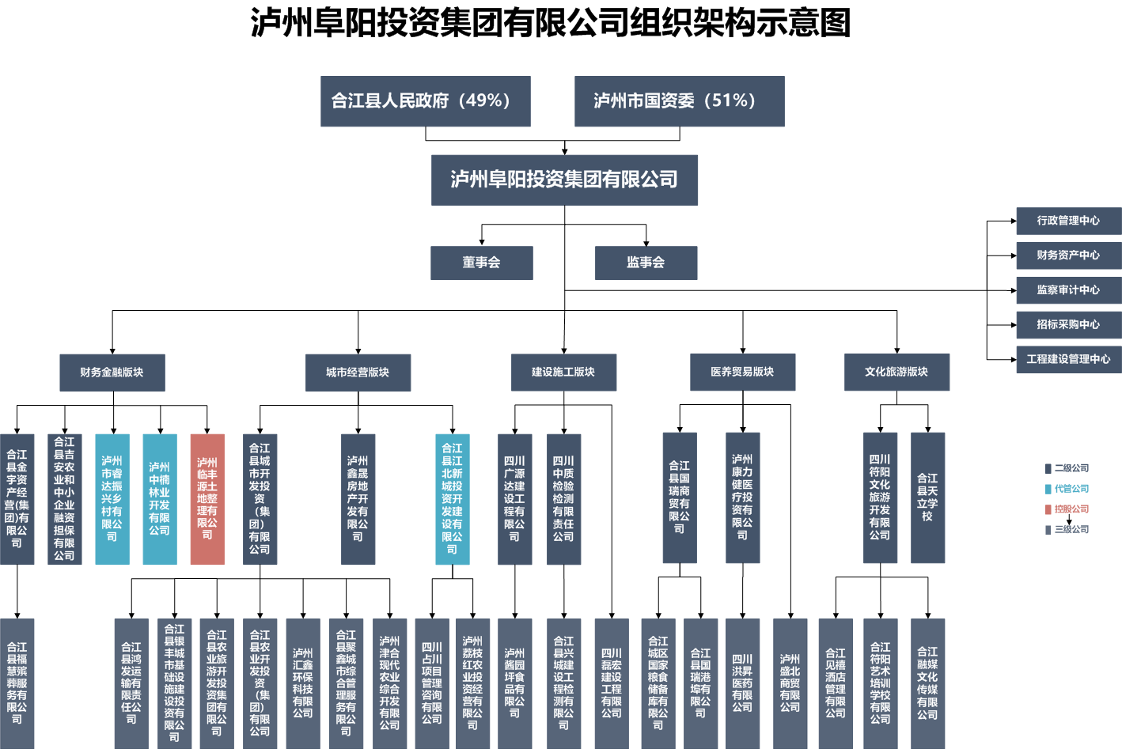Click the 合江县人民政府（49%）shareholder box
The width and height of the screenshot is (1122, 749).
[425, 101]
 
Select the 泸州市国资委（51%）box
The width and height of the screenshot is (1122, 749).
[679, 101]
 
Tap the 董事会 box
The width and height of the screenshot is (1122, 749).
[481, 263]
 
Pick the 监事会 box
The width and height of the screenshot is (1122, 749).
[646, 263]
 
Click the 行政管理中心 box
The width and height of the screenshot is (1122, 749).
[1068, 221]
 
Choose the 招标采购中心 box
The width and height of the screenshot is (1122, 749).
[1068, 324]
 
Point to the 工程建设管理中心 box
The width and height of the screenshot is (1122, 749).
[1068, 359]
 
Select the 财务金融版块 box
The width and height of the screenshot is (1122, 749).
[112, 373]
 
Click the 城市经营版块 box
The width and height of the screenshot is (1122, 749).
[358, 373]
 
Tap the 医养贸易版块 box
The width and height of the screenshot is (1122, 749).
[742, 372]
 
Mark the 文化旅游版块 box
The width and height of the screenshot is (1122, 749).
[896, 372]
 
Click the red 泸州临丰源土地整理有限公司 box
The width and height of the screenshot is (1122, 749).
[207, 499]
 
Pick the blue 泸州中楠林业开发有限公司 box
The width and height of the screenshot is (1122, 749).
[160, 499]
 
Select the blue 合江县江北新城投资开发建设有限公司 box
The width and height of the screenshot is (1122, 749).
[453, 499]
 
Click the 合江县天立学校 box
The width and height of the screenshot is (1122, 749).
[927, 497]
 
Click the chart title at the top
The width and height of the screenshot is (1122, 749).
[551, 22]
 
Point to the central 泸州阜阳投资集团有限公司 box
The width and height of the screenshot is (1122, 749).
[564, 180]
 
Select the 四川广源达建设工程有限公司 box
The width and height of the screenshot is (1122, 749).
[514, 499]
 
